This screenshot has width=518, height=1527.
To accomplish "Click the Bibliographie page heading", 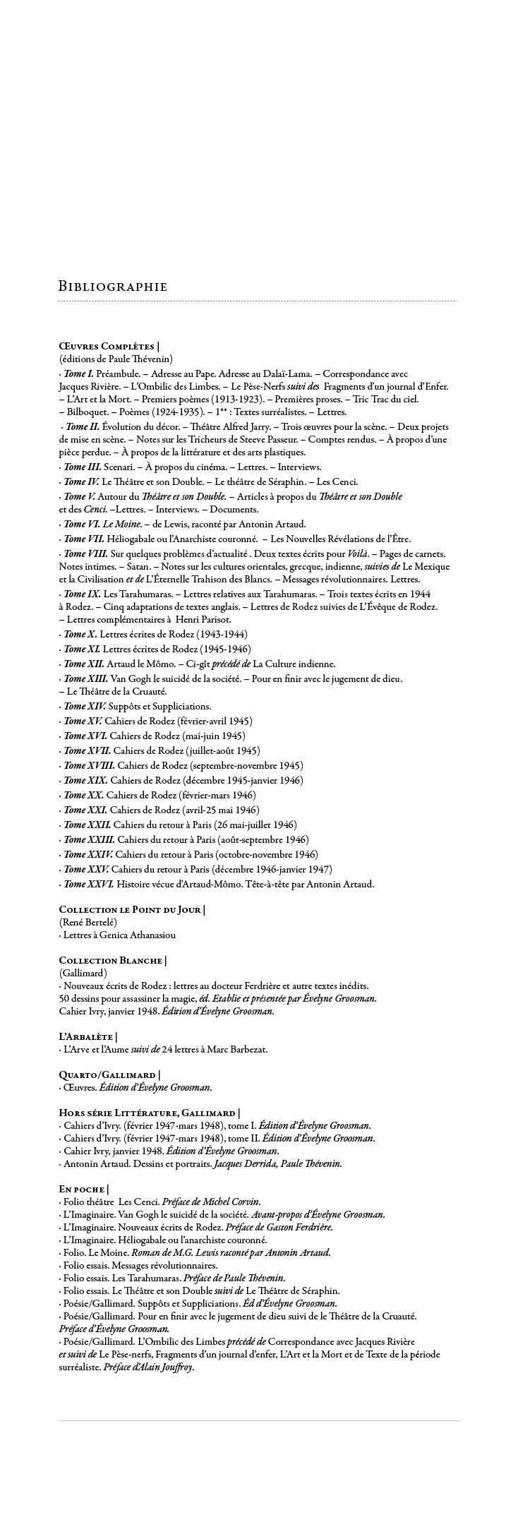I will coord(113,287).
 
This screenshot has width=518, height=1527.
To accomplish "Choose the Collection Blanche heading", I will coord(112,960).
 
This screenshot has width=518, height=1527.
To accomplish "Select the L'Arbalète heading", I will coord(88,1036).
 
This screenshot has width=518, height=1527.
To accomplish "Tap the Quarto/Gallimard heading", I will coord(109,1074).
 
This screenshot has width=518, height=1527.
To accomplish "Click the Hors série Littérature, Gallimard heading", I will coord(150,1113).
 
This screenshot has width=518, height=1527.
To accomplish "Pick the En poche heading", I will coord(83,1189).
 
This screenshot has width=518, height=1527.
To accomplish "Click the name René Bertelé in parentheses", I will coord(88,923).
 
